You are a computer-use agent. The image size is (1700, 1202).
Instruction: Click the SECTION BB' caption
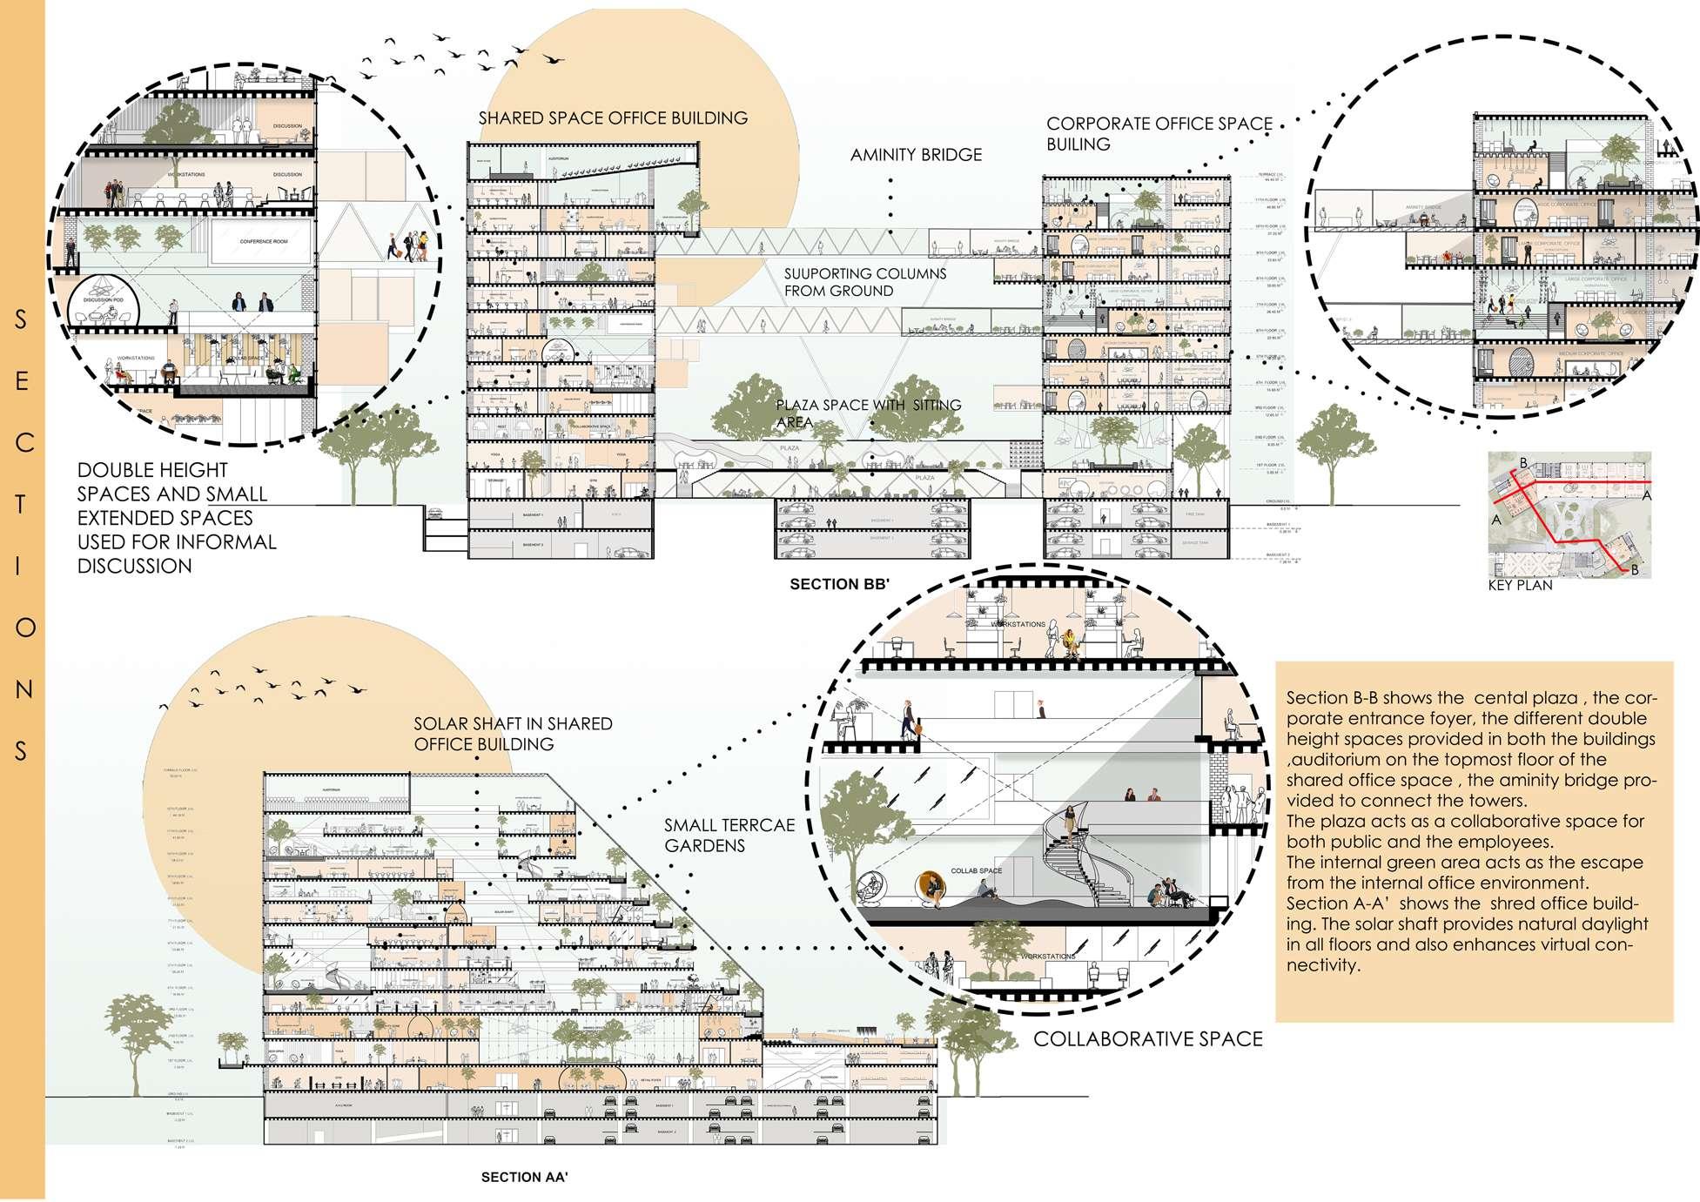coord(838,585)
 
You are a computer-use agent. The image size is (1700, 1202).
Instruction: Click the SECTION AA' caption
coord(524,1178)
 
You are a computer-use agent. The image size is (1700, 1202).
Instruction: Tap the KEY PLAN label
coord(1520,586)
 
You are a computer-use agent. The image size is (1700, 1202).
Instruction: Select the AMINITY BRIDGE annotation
coord(916,155)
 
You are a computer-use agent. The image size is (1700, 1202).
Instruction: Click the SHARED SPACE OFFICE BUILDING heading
coord(613,118)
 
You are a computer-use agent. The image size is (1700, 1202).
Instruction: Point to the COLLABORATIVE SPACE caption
coord(1147,1038)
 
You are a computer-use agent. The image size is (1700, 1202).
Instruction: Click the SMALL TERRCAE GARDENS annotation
coord(729,835)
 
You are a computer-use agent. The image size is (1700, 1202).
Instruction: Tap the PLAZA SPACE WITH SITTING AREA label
coord(868,413)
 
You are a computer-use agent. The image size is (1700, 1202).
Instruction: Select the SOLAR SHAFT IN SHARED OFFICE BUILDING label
coord(513,734)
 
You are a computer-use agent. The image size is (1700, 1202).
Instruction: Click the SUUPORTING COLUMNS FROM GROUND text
coord(864,282)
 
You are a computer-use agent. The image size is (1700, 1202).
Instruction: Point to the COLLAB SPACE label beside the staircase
coord(976,870)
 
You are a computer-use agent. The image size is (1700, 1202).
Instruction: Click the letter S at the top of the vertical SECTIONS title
coord(22,319)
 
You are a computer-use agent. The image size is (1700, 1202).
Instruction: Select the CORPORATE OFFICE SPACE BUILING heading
coord(1159,134)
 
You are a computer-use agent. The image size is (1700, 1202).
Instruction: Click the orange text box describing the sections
coord(1474,841)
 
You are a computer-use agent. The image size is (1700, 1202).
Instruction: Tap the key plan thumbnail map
coord(1569,514)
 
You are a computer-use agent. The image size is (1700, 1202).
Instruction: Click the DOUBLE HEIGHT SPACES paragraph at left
coord(177,518)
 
